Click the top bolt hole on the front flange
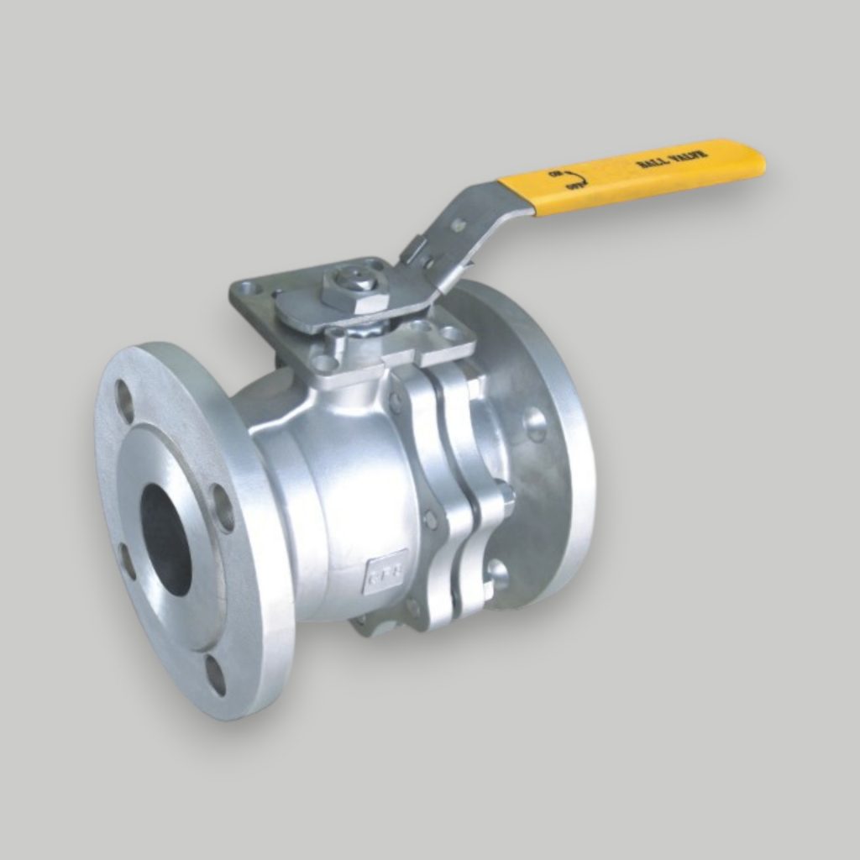click(x=125, y=402)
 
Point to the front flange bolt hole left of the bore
click(x=128, y=561)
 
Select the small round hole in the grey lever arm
click(x=458, y=225)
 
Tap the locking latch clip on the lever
click(x=414, y=249)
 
